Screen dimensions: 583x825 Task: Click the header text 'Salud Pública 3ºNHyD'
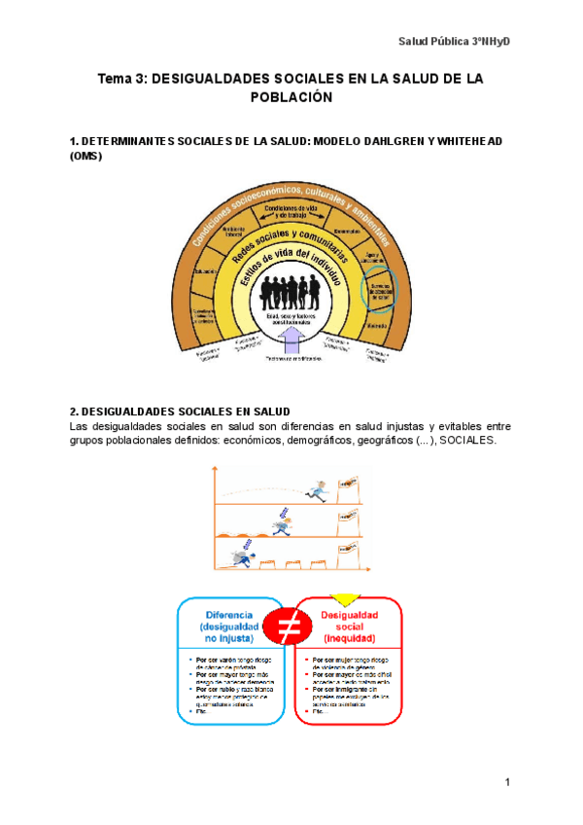pyautogui.click(x=456, y=41)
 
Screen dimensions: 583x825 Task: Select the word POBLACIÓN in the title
pyautogui.click(x=291, y=97)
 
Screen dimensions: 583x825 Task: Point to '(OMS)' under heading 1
pyautogui.click(x=86, y=156)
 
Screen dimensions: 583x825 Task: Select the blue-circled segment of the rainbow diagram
pyautogui.click(x=379, y=287)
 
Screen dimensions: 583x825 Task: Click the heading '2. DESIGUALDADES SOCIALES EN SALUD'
pyautogui.click(x=181, y=412)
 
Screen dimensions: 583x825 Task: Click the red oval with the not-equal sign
pyautogui.click(x=289, y=629)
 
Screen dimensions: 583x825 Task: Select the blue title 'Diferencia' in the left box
pyautogui.click(x=229, y=615)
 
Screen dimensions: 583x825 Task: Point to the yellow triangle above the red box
pyautogui.click(x=346, y=598)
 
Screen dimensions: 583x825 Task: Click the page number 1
pyautogui.click(x=507, y=782)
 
